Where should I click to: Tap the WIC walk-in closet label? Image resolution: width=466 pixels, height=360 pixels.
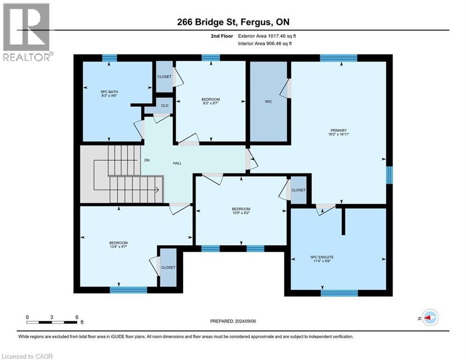pos(268,101)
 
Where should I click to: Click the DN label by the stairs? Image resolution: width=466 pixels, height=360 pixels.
pos(147,160)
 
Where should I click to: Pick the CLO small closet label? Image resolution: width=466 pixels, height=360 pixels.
pos(164,106)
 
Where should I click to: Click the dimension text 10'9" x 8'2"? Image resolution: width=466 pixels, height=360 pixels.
pos(241,213)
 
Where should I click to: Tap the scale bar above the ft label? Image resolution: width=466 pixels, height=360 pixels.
pos(52,322)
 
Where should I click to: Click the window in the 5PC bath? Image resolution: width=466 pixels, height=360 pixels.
pos(109,58)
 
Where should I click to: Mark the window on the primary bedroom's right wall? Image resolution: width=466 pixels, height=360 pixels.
pos(389,175)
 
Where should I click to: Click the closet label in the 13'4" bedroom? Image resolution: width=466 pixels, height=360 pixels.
pos(168,268)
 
